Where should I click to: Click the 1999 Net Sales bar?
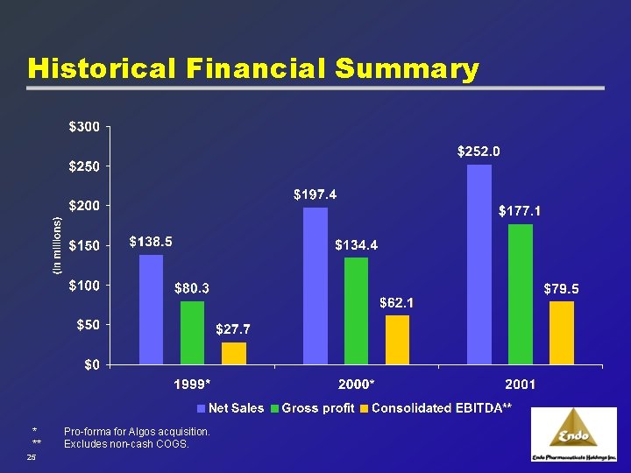point(151,309)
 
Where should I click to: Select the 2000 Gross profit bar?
point(356,311)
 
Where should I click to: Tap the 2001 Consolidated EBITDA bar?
point(562,333)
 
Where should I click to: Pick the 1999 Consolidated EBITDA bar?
point(234,353)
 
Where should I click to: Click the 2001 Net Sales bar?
point(479,264)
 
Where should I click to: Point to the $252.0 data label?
point(479,152)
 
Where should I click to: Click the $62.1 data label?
point(397,303)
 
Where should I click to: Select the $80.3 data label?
point(192,287)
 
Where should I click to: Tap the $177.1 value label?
point(521,211)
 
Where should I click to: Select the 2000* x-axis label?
point(357,385)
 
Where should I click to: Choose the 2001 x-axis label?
point(521,385)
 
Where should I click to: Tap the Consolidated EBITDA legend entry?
point(436,408)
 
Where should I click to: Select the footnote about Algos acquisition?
point(137,432)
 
